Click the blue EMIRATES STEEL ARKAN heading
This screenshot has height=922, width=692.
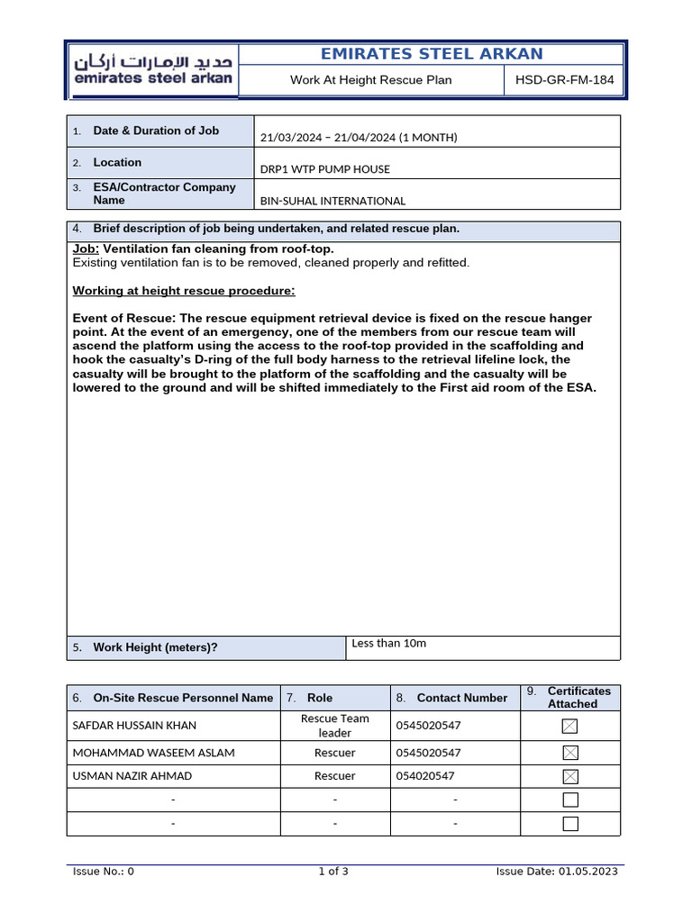click(432, 54)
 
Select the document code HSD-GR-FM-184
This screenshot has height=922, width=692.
click(564, 80)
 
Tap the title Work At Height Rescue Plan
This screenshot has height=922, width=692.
click(371, 80)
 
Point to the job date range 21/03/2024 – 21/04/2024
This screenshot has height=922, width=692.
click(359, 138)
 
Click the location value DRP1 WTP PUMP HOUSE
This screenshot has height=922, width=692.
click(325, 169)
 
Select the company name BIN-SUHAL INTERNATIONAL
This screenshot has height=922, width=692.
click(332, 201)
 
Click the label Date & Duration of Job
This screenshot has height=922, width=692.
click(156, 131)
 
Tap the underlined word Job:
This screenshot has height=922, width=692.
click(86, 249)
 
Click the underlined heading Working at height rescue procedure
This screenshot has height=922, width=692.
click(183, 291)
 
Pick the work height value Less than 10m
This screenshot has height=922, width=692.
click(388, 644)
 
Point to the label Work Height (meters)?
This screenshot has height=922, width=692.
click(155, 647)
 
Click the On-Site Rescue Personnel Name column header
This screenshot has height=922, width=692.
click(183, 698)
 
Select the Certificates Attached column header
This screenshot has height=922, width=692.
click(578, 697)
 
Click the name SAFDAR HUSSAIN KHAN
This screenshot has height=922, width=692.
click(134, 726)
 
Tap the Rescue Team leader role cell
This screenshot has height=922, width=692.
click(334, 726)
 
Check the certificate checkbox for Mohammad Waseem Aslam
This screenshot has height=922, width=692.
click(569, 753)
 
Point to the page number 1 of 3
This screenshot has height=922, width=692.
click(333, 871)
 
